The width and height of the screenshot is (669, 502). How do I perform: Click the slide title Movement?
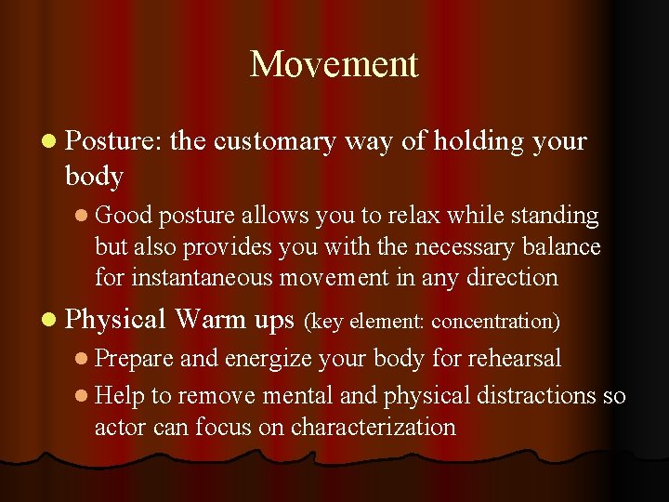click(334, 64)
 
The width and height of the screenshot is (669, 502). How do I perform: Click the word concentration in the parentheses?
click(496, 322)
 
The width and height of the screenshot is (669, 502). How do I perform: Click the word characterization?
click(373, 427)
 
